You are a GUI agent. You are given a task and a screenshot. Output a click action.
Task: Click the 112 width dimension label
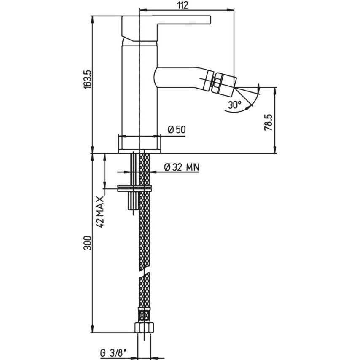(x=183, y=5)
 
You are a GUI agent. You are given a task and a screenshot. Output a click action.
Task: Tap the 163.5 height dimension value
(x=88, y=79)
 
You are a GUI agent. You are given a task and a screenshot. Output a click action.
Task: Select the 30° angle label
(x=235, y=105)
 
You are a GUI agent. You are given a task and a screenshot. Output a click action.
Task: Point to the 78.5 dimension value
(x=268, y=122)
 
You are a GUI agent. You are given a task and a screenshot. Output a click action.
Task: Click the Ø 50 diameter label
(x=177, y=130)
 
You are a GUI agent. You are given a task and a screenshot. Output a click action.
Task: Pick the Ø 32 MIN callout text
(x=182, y=167)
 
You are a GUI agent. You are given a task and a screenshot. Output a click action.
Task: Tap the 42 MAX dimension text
(x=100, y=212)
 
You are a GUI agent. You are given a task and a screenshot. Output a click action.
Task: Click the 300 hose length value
(x=88, y=243)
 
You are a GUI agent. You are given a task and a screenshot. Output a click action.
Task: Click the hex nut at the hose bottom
(x=144, y=328)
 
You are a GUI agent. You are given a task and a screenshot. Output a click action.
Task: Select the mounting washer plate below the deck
(x=134, y=188)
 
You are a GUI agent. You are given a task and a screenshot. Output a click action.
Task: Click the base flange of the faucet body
(x=140, y=151)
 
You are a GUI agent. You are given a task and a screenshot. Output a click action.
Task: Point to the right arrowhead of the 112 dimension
(x=231, y=10)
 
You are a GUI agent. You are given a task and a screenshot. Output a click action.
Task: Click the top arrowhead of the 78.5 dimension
(x=275, y=91)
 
